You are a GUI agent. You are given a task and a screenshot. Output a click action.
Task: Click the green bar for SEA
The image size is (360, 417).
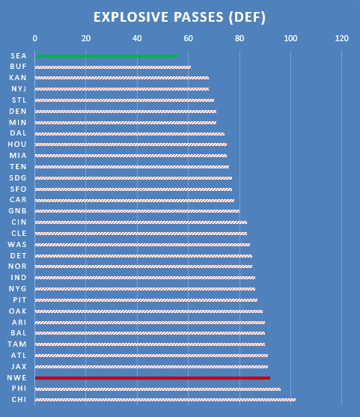(106, 56)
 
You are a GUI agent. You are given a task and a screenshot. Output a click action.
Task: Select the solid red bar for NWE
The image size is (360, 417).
(153, 378)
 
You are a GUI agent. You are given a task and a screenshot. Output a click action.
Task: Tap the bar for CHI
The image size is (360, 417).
(165, 400)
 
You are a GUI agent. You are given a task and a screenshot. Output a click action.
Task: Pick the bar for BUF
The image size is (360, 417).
(113, 67)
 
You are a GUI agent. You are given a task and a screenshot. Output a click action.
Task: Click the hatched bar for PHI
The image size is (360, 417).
(158, 389)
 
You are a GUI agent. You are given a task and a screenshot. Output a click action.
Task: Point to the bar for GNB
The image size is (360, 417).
(137, 211)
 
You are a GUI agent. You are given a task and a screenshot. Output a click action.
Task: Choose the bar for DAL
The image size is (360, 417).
(129, 134)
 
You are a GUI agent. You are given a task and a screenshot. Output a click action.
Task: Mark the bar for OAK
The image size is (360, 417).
(149, 311)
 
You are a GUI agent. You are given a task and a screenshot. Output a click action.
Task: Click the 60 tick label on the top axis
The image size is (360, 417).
(189, 39)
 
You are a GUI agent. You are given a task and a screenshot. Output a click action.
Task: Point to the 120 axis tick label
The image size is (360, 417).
(341, 39)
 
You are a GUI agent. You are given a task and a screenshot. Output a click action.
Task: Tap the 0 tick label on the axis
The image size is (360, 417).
(35, 39)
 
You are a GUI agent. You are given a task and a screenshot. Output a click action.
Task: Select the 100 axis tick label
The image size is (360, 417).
(290, 39)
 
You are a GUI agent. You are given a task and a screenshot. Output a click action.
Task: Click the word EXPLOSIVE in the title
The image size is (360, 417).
(131, 17)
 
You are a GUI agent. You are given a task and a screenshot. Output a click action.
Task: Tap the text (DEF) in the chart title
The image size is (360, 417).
(247, 17)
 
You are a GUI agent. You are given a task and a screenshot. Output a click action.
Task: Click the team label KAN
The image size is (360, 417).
(18, 78)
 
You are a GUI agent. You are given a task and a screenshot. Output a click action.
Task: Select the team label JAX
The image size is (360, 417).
(19, 367)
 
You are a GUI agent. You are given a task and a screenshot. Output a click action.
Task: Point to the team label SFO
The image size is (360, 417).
(19, 189)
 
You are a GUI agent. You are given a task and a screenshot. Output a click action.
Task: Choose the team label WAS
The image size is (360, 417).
(17, 244)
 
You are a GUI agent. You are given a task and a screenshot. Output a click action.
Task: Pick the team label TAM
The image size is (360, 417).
(17, 344)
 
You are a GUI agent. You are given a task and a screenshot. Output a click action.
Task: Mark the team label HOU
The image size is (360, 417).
(17, 144)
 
